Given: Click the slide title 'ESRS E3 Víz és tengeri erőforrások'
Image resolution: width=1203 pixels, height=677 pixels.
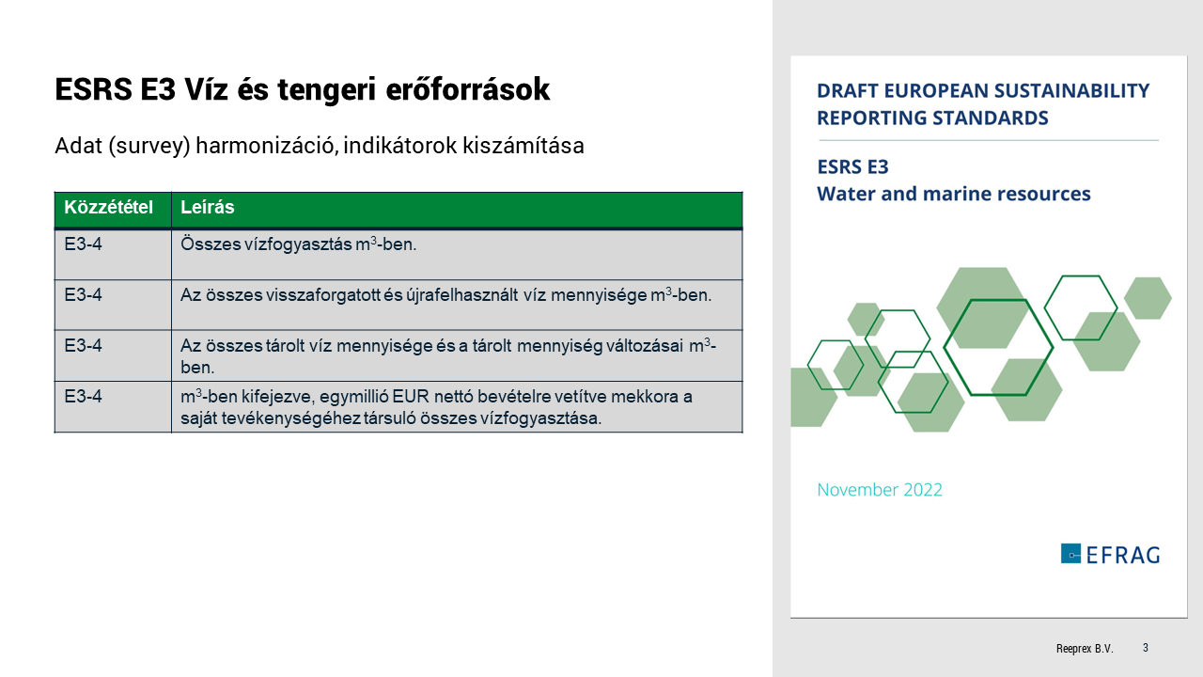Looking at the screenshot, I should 302,89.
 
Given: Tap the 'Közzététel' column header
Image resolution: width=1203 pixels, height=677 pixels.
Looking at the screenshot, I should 108,208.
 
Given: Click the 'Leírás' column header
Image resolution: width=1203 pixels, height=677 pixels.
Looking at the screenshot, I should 208,208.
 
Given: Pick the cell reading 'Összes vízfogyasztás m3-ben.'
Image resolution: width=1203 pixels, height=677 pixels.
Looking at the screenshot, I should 298,244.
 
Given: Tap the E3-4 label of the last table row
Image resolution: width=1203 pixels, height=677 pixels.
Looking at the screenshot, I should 84,397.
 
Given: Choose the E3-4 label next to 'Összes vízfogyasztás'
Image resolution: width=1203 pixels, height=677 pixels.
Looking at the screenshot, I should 84,244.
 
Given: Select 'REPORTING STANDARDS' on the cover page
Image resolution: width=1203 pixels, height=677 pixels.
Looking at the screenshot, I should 932,118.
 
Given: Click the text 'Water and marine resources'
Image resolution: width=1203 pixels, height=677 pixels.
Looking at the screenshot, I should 954,195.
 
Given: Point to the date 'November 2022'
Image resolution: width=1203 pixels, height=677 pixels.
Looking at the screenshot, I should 880,490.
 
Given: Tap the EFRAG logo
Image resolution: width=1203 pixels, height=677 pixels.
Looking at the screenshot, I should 1110,554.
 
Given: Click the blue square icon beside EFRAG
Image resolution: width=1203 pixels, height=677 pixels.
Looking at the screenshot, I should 1070,554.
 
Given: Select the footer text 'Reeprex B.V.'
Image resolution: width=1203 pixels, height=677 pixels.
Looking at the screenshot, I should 1084,649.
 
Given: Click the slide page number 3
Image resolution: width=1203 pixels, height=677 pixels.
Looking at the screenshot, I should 1146,648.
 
